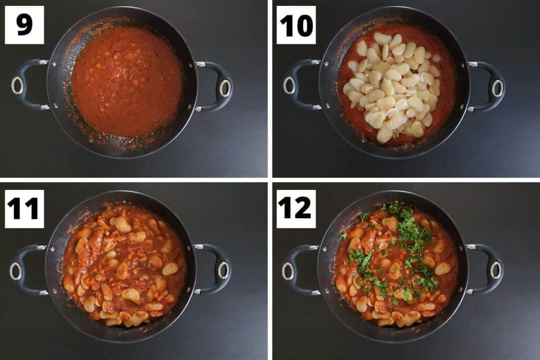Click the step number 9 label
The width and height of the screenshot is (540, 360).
coord(24,25)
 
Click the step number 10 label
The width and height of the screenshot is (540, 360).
coord(296,25)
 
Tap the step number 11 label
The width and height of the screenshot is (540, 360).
coord(24,209)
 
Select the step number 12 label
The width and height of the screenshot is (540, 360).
coord(296,209)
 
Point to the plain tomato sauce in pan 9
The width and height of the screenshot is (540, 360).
coord(127,82)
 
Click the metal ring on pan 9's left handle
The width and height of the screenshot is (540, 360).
coord(17,85)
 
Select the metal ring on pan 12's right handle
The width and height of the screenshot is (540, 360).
coord(496,270)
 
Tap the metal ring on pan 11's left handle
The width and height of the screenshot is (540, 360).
coord(16,271)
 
